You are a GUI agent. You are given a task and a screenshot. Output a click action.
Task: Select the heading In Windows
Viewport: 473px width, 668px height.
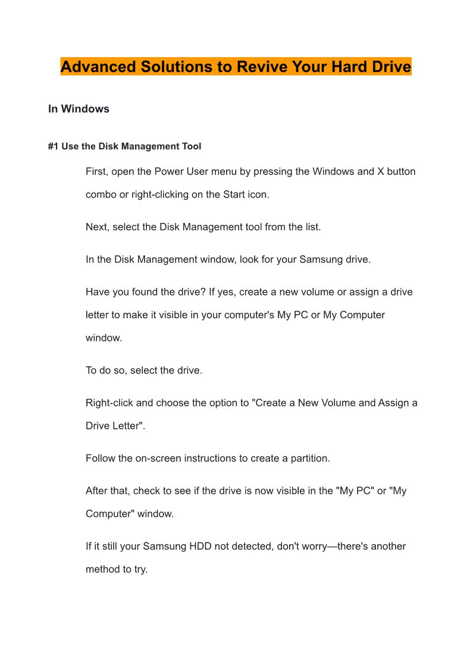click(79, 109)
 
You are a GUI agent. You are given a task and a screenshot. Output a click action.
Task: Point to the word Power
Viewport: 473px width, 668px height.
click(169, 171)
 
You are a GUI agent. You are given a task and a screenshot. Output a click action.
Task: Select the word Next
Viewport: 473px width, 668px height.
click(96, 227)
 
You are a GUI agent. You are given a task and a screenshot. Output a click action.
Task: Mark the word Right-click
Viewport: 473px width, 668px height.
click(109, 403)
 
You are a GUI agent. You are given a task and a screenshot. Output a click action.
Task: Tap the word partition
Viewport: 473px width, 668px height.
click(308, 459)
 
